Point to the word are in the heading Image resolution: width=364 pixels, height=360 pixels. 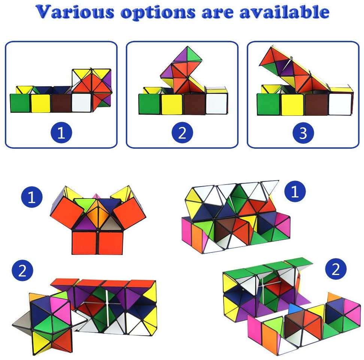tap(218, 13)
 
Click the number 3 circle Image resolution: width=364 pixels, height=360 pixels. tap(303, 133)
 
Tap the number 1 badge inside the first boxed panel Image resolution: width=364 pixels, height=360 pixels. tap(61, 132)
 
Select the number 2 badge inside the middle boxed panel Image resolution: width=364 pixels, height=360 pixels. tap(182, 133)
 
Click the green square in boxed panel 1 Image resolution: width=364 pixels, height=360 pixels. tap(20, 103)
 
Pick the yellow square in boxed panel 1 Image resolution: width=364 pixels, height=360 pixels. tap(40, 103)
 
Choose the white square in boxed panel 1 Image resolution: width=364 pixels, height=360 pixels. tap(81, 103)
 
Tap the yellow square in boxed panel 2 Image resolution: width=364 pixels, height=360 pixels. tap(172, 104)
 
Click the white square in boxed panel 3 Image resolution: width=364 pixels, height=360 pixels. tap(340, 104)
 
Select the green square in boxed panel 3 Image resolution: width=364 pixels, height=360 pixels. tap(269, 104)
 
